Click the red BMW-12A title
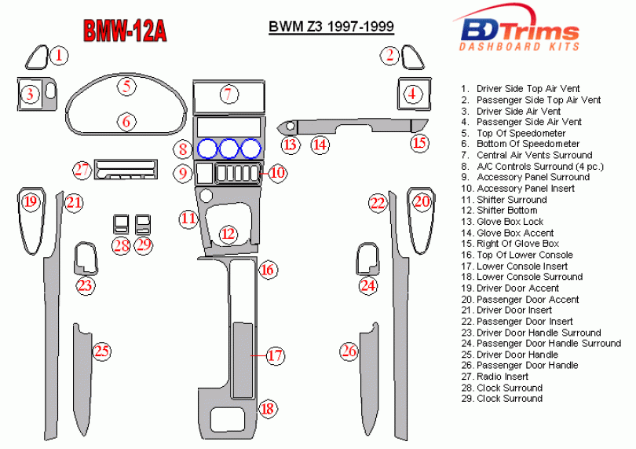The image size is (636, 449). coord(125,31)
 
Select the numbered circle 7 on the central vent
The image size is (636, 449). coord(228,94)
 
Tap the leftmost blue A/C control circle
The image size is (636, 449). coord(207,149)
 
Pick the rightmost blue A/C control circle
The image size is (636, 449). coord(250,149)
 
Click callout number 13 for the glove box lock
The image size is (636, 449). coord(290,145)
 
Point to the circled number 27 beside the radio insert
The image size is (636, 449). coord(82,170)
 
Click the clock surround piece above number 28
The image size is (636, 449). coord(121,224)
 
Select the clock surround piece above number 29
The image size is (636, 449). coord(143,224)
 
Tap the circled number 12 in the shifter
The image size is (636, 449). coord(228,234)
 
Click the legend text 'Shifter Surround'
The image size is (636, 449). coord(512,200)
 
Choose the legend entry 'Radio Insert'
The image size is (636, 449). coord(503,377)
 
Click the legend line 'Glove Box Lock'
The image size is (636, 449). coord(510,222)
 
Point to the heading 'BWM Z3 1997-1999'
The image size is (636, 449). coord(331,27)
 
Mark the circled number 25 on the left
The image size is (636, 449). coord(101,351)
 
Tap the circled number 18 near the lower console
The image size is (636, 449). coord(267,408)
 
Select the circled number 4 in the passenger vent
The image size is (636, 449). coord(412,94)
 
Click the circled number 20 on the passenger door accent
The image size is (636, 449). coord(422,201)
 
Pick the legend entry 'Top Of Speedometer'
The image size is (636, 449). coord(521,133)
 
